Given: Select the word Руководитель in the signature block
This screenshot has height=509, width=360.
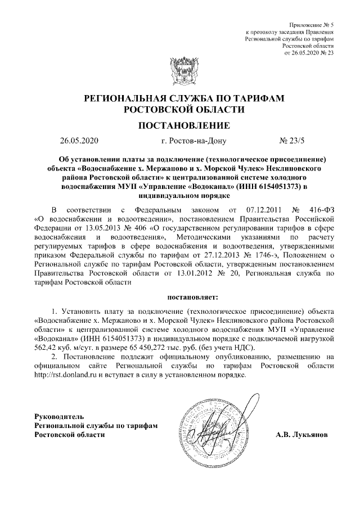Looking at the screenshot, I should click(x=59, y=416).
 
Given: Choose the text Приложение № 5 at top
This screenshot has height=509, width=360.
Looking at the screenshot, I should click(x=311, y=26).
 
